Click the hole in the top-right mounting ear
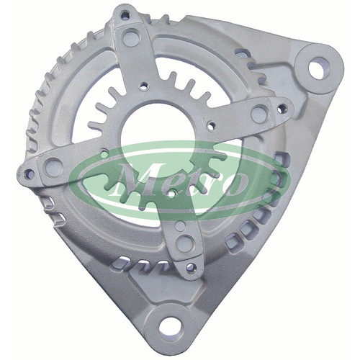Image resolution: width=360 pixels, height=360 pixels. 319,68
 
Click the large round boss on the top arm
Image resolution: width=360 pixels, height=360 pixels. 131,37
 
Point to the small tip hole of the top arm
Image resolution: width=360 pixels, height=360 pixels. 126,16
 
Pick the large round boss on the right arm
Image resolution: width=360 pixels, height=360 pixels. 260,112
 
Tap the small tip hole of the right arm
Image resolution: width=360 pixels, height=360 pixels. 282,109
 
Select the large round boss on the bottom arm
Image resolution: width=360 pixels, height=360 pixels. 184,243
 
